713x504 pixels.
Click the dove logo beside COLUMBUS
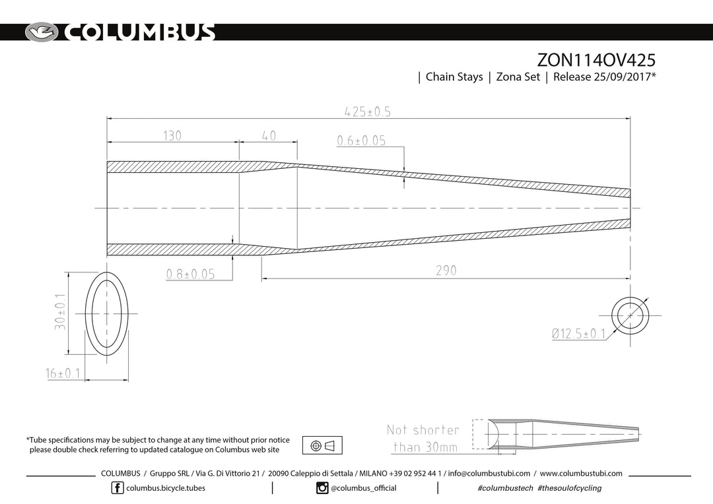pyautogui.click(x=42, y=32)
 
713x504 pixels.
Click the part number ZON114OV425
pyautogui.click(x=596, y=60)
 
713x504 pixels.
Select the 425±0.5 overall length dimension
pyautogui.click(x=368, y=111)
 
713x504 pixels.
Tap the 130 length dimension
pyautogui.click(x=172, y=135)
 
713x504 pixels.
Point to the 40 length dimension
pyautogui.click(x=269, y=135)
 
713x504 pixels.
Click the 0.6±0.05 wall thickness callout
pyautogui.click(x=362, y=141)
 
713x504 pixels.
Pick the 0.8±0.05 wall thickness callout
pyautogui.click(x=191, y=274)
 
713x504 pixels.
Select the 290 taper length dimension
pyautogui.click(x=446, y=270)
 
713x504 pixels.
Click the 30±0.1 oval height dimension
pyautogui.click(x=60, y=311)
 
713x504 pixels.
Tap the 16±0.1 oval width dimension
pyautogui.click(x=63, y=373)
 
